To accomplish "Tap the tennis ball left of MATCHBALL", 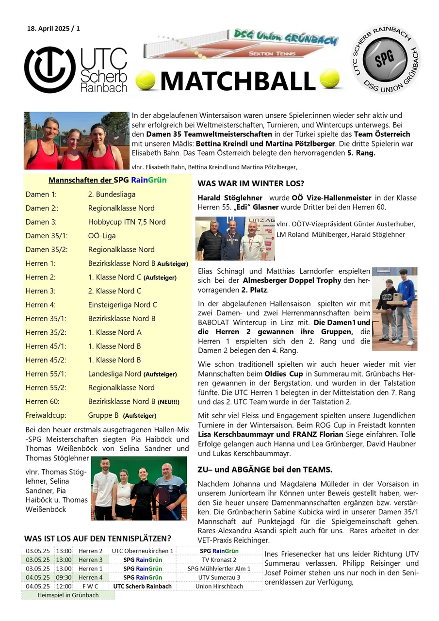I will coord(145,81).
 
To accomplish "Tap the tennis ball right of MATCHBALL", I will coord(329,78).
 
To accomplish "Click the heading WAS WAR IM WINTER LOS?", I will coord(251,184).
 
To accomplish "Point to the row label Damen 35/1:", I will coord(43,236).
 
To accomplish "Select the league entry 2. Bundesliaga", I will coord(112,195).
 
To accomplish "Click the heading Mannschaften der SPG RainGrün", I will coord(107,180).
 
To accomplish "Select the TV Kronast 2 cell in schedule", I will coord(219,560).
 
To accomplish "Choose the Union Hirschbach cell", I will coord(219,586).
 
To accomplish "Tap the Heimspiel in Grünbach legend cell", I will coord(68,595).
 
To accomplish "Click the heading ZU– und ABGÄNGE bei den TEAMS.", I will coord(265,470).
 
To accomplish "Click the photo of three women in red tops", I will coord(76,141).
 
